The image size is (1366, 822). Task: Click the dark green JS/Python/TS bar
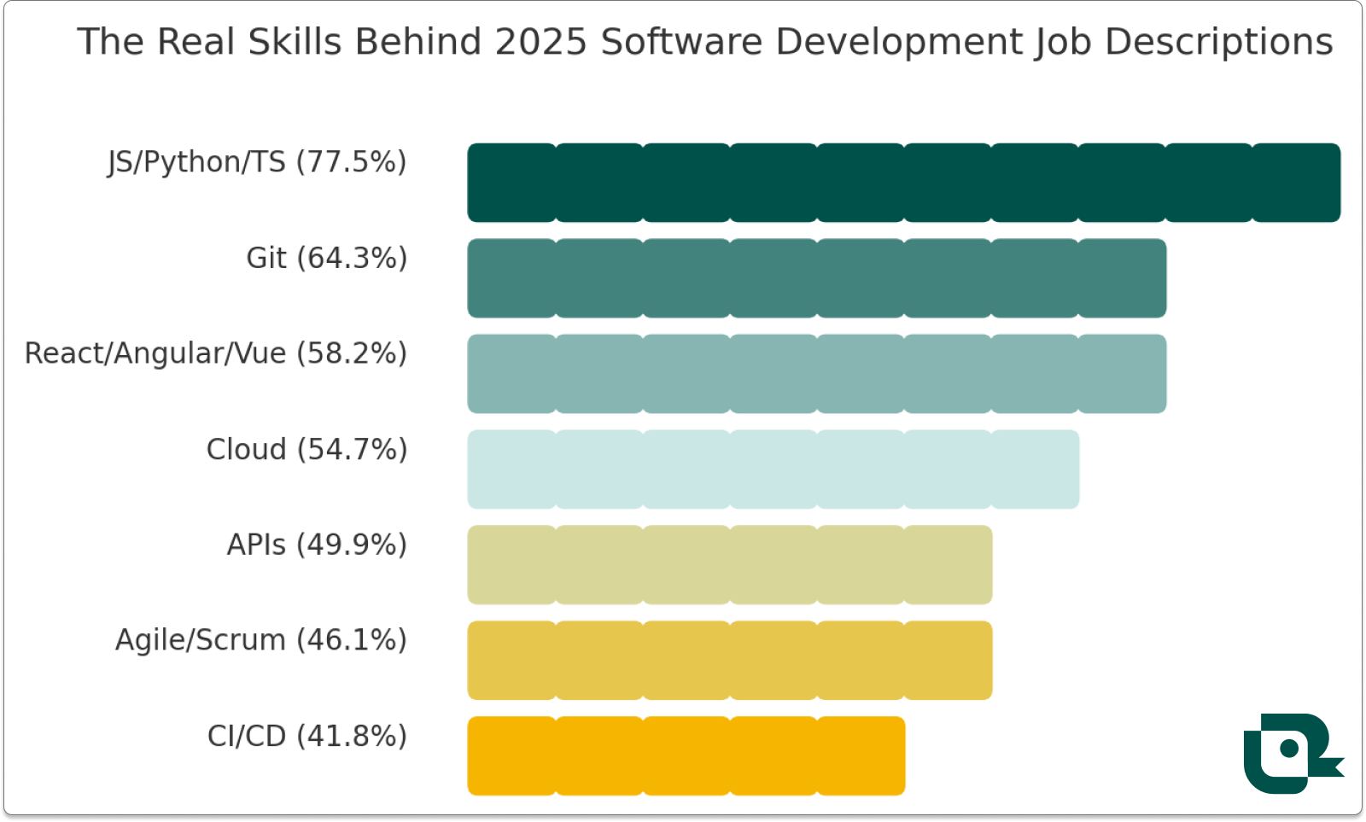903,183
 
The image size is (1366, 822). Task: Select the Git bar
816,278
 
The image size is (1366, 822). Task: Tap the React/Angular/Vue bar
816,374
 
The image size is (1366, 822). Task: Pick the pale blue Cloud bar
773,469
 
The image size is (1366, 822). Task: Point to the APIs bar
729,565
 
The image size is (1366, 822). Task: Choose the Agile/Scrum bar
729,661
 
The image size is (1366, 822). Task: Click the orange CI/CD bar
686,756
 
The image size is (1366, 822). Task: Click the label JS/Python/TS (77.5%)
257,162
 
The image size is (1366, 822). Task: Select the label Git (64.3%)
326,258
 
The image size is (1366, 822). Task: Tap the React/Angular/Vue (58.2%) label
215,353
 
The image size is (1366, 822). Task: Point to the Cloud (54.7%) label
306,449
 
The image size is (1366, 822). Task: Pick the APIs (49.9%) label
317,545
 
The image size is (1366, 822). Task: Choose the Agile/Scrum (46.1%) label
260,640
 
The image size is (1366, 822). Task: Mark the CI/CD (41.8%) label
306,736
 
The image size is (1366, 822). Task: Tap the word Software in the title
680,42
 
